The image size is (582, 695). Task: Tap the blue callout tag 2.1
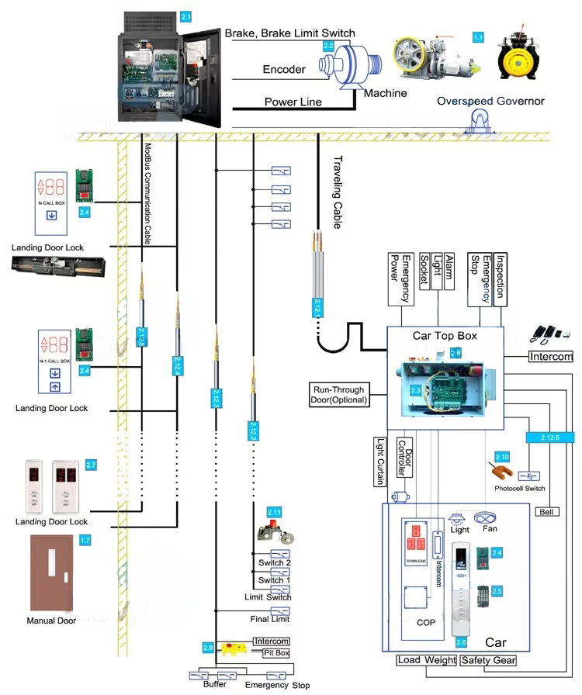click(x=185, y=16)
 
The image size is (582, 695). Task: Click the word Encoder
click(x=284, y=70)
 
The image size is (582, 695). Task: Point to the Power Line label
click(x=293, y=102)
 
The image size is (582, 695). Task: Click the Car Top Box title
click(x=445, y=336)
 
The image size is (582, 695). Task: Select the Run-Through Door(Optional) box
click(x=339, y=394)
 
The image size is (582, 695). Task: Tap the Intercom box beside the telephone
click(x=550, y=357)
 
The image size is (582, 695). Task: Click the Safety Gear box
click(x=487, y=661)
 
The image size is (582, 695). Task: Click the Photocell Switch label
click(x=519, y=489)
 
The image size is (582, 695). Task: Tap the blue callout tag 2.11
click(x=274, y=512)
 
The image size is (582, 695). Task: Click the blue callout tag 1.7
click(x=85, y=540)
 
